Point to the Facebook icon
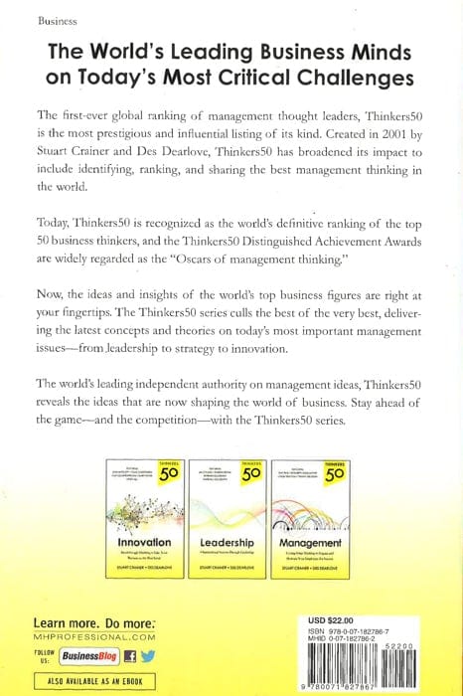pos(128,655)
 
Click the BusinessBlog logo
pos(89,655)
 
